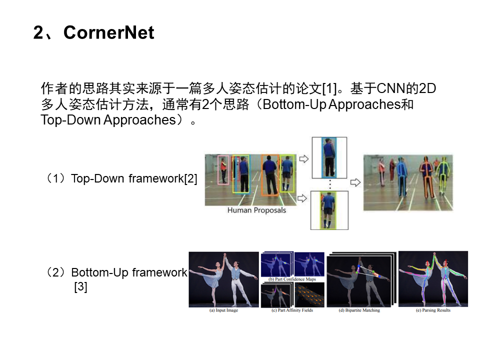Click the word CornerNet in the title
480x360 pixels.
tap(109, 33)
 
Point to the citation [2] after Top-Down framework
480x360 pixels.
tap(190, 178)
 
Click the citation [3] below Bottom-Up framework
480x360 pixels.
tap(80, 287)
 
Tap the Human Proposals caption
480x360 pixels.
tap(256, 210)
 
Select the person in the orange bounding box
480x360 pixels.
tap(269, 175)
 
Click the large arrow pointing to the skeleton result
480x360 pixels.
tap(355, 182)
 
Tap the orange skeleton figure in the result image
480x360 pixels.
tap(426, 177)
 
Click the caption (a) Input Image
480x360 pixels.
tap(223, 310)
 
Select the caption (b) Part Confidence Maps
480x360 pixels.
tap(292, 279)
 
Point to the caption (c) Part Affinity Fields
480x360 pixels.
tap(292, 310)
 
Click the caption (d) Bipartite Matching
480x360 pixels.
tap(360, 310)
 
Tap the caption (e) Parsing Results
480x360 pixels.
tap(432, 310)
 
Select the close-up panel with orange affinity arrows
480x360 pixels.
tap(309, 295)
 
